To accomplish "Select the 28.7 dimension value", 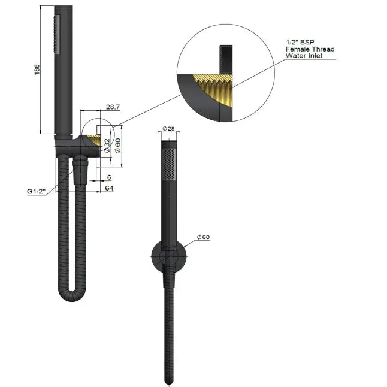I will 113,106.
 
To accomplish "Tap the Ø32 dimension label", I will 107,145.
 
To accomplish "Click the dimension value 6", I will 108,177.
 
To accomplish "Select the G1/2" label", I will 37,191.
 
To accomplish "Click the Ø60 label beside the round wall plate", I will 205,237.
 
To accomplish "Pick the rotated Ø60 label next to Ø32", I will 118,145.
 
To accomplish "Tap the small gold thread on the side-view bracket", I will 94,141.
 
